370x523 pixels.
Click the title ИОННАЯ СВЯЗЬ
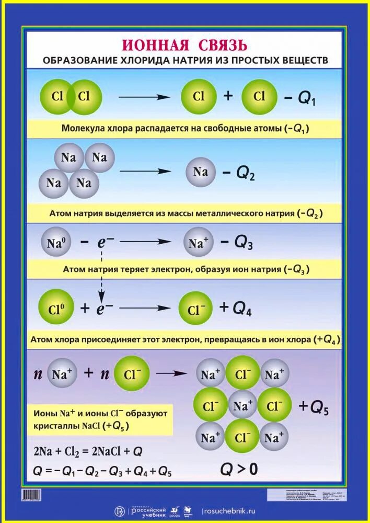point(184,44)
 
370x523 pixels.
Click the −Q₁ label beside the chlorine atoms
point(302,98)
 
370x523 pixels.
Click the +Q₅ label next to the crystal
point(313,407)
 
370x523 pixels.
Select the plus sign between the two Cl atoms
point(228,96)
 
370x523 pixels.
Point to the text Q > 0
point(239,469)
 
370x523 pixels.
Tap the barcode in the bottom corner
point(31,494)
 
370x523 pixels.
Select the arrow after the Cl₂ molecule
point(144,97)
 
